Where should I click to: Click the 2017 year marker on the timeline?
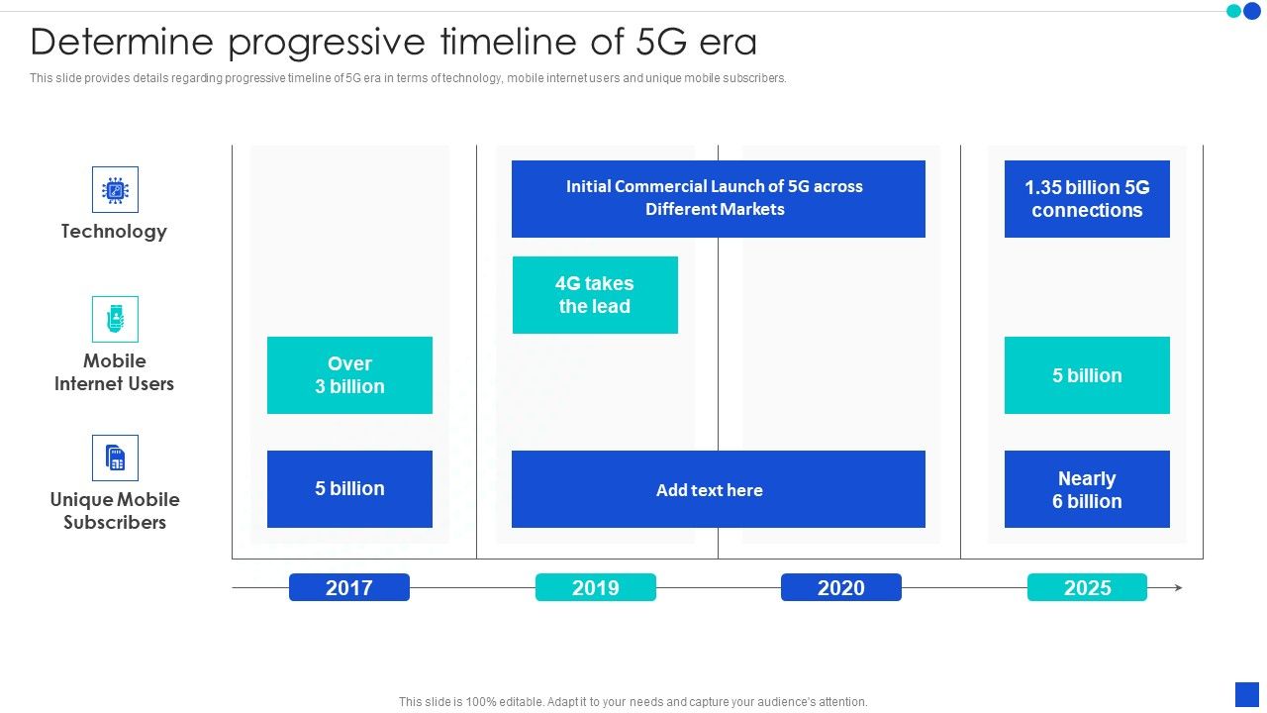pyautogui.click(x=349, y=587)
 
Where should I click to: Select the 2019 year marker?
pyautogui.click(x=595, y=587)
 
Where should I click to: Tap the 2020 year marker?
pyautogui.click(x=840, y=587)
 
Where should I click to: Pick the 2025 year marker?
pyautogui.click(x=1087, y=587)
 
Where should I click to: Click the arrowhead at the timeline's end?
pyautogui.click(x=1178, y=587)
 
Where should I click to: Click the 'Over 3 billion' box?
pyautogui.click(x=349, y=375)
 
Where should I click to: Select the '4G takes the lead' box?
pyautogui.click(x=595, y=295)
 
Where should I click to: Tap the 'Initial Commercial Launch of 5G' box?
pyautogui.click(x=718, y=198)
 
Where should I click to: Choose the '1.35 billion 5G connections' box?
pyautogui.click(x=1087, y=198)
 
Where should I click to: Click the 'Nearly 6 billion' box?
pyautogui.click(x=1087, y=489)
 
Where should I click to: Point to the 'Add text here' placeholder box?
pyautogui.click(x=718, y=489)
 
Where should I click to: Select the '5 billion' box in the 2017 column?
pyautogui.click(x=349, y=489)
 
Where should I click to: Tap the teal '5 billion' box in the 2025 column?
pyautogui.click(x=1087, y=375)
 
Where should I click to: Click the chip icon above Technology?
pyautogui.click(x=115, y=189)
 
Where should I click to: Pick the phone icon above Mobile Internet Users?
pyautogui.click(x=115, y=319)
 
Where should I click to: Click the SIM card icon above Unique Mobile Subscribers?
pyautogui.click(x=115, y=458)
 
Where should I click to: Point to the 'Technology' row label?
pyautogui.click(x=114, y=232)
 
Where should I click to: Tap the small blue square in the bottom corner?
pyautogui.click(x=1246, y=694)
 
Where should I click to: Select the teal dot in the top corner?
pyautogui.click(x=1233, y=11)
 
